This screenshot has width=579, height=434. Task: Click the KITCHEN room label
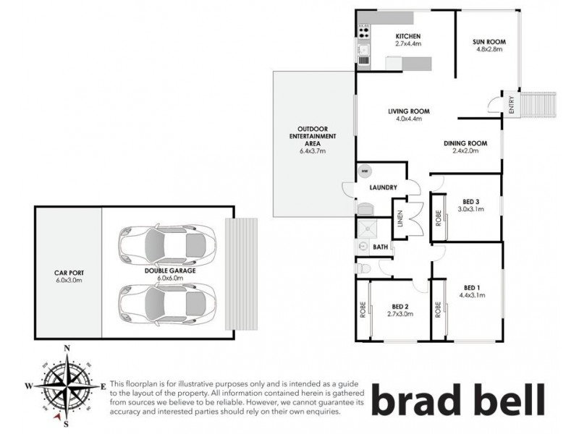[408, 36]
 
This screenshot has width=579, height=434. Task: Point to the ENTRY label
[512, 106]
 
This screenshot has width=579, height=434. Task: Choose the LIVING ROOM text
[409, 111]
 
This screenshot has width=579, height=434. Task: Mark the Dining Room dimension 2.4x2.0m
[465, 152]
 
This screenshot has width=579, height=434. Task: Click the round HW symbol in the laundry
[365, 172]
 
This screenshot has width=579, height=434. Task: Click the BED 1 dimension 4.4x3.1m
[472, 294]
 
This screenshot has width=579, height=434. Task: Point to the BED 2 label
[401, 305]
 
